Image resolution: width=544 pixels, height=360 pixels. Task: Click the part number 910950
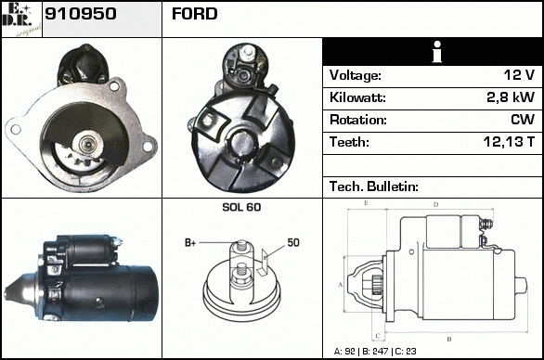coord(80,14)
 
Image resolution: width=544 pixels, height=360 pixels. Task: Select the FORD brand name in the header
coord(195,14)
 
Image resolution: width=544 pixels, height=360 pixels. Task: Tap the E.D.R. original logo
coord(21,19)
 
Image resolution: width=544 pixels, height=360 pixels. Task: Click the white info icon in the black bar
coord(437,52)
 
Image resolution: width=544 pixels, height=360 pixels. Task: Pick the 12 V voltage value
coord(519,75)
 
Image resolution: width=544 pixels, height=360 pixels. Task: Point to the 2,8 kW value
coord(511,97)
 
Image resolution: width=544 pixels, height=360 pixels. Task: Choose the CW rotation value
coord(523,120)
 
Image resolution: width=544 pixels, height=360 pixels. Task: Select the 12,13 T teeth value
coord(509,142)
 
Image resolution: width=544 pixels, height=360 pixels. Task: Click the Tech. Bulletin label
coord(374,186)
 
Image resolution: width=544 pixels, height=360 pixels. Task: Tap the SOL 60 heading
coord(241,207)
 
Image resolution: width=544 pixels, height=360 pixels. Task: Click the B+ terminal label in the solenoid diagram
coord(190,243)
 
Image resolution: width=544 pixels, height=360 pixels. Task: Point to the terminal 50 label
coord(293,242)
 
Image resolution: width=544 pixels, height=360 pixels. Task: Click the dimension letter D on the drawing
coord(435,205)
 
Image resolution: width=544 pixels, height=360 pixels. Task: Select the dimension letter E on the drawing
coord(366,203)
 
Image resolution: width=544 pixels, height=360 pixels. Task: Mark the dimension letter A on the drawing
coord(340,285)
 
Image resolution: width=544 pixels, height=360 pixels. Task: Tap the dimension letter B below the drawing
coord(449,340)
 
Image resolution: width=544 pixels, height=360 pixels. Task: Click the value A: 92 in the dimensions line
coord(344,352)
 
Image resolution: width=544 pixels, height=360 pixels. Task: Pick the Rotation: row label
coord(358,120)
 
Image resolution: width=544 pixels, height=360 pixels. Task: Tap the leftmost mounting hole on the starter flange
coord(15,129)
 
